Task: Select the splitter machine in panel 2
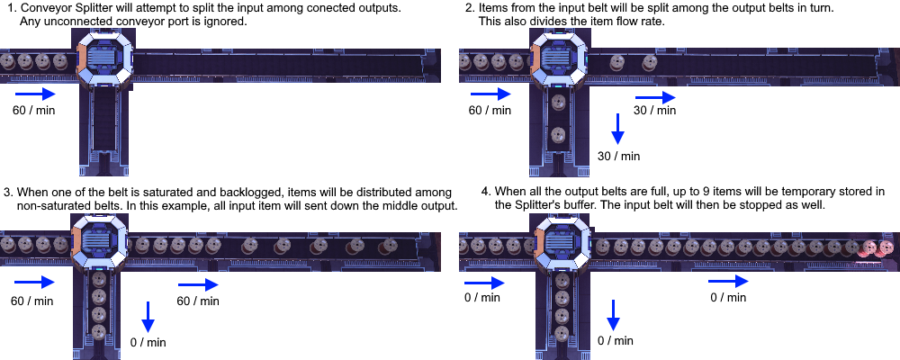(x=560, y=61)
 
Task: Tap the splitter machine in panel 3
(x=99, y=245)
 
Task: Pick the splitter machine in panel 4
(x=565, y=245)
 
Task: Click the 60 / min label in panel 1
(x=33, y=110)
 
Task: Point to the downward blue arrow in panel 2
(x=617, y=129)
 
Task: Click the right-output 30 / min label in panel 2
(x=654, y=110)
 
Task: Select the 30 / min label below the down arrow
(x=618, y=156)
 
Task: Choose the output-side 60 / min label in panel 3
(x=197, y=301)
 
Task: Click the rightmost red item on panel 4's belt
(x=886, y=247)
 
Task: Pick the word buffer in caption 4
(x=572, y=204)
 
